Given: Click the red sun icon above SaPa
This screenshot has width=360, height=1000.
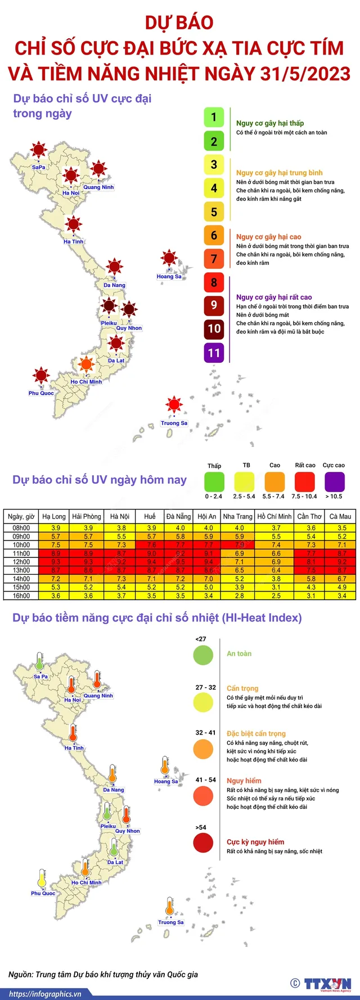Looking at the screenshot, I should point(38,150).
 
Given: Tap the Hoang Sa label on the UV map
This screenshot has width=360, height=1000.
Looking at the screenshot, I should point(169,277).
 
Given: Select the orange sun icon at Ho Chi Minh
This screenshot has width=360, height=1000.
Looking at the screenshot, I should point(86,364).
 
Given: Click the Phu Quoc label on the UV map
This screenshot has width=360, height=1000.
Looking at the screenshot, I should point(41,393).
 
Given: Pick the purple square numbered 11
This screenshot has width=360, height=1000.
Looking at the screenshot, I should point(214,353).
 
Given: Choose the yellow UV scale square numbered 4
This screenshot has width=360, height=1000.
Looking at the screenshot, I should point(214,188).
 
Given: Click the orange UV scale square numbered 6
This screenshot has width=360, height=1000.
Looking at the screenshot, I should point(214,236).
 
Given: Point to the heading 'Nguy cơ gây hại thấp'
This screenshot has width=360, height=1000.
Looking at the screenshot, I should point(270,123).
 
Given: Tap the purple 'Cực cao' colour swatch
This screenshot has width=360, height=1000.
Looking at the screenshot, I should point(335,482).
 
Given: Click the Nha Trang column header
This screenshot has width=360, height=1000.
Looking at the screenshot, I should point(237,516).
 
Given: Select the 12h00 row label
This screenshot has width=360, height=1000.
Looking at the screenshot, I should point(21,562).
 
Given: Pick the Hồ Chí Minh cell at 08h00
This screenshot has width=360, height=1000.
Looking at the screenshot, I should point(276,528).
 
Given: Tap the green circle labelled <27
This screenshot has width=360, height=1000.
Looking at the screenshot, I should point(203,655).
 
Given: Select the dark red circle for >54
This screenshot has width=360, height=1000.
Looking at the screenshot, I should point(203,843).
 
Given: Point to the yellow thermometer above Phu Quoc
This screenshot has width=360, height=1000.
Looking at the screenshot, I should point(42,879).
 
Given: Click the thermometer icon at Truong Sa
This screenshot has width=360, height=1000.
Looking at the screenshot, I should point(170,908).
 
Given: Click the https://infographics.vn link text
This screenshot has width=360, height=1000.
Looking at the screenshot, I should point(45,994).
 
